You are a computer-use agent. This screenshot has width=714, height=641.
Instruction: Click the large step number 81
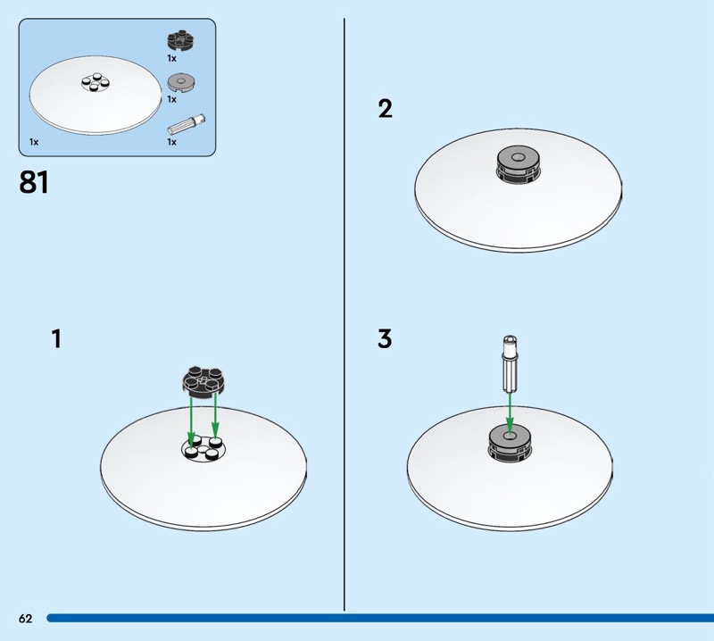(x=34, y=182)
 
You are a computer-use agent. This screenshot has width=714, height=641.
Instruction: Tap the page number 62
(x=26, y=618)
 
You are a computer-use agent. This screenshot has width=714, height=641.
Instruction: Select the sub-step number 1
(x=56, y=339)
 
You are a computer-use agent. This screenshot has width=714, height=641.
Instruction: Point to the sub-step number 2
(x=385, y=109)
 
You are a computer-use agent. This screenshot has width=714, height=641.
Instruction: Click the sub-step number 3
(x=385, y=339)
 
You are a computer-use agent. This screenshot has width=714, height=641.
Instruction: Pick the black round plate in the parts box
(x=181, y=40)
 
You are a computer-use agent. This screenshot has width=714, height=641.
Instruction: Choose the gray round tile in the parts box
(x=181, y=83)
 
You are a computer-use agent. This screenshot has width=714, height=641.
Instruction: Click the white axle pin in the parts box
(x=187, y=124)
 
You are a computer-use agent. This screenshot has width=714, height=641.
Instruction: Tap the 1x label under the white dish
(x=34, y=142)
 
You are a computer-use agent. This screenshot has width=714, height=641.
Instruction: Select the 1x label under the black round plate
(x=171, y=58)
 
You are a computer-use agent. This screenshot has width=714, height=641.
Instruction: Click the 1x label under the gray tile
(x=171, y=99)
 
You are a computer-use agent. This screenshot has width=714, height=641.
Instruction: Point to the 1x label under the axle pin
(x=171, y=142)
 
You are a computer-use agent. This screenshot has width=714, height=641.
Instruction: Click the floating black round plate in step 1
(x=203, y=381)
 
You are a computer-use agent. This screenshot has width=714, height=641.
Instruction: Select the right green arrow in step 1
(x=215, y=416)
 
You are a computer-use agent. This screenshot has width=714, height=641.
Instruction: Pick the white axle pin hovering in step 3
(x=510, y=363)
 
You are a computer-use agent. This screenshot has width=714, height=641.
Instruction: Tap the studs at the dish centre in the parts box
(x=95, y=82)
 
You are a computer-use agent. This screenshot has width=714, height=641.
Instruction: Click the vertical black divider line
(x=345, y=314)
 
